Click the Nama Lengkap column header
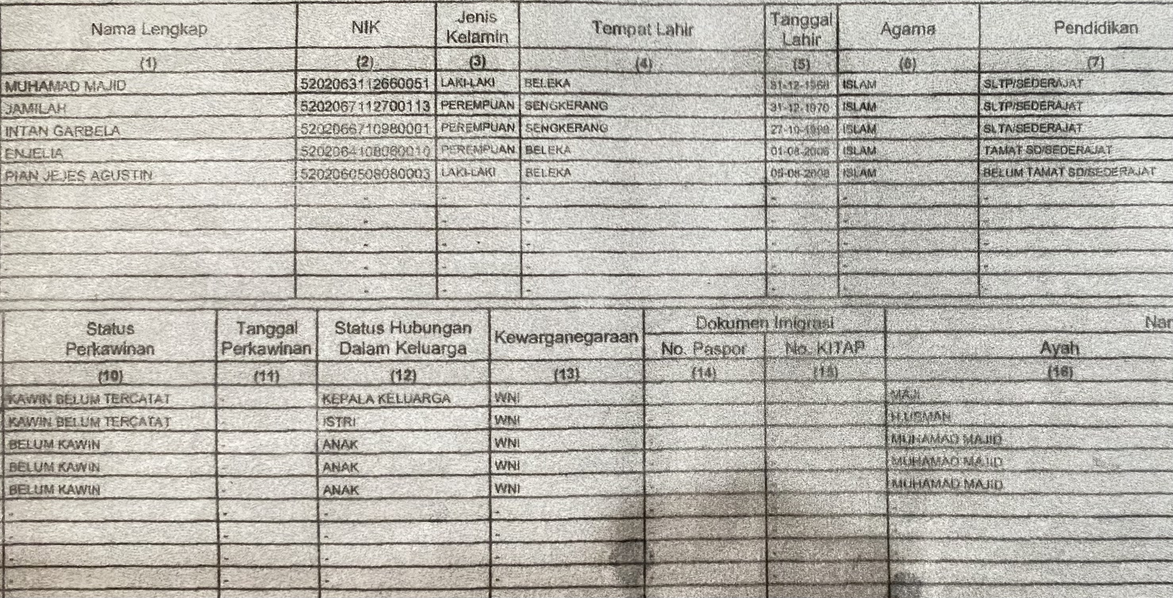coord(149,29)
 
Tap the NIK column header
coord(365,27)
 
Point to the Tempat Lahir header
coord(642,29)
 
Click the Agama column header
coord(908,29)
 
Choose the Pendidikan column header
coord(1096,28)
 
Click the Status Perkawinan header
coord(110,338)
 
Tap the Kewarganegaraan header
coord(566,337)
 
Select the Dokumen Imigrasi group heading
coord(764,323)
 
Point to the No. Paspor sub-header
coord(704,349)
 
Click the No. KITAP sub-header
coord(825,348)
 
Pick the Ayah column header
coord(1059,348)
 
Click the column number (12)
coord(404,375)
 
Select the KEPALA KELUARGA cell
coord(386,399)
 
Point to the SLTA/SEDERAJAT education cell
coord(1032,129)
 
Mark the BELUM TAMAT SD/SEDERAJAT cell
coord(1069,173)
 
